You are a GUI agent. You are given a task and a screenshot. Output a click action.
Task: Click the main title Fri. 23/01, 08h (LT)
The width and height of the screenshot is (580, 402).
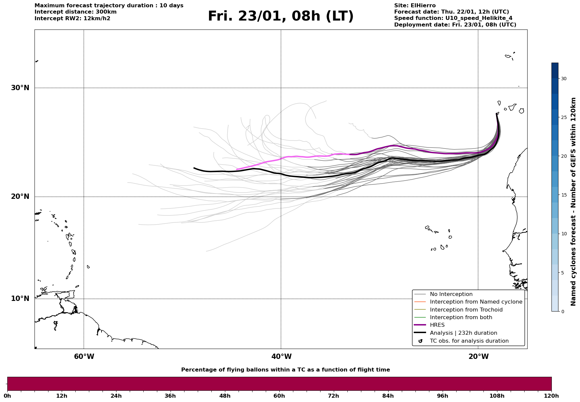[x=281, y=16]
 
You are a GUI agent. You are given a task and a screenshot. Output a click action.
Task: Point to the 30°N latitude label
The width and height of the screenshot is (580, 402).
[x=20, y=88]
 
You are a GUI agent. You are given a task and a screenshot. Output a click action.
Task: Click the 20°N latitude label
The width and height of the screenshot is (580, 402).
[x=20, y=197]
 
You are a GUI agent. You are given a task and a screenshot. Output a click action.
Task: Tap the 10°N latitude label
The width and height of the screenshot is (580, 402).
[x=20, y=299]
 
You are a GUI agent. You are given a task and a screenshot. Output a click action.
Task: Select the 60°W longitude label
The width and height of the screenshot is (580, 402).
[x=84, y=357]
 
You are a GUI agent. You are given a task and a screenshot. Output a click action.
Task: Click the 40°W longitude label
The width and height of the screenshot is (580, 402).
[x=281, y=357]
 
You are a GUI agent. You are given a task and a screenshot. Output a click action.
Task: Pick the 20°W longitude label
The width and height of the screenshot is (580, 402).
[x=478, y=357]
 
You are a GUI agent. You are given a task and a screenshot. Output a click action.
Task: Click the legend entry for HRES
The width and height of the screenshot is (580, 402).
[x=437, y=325]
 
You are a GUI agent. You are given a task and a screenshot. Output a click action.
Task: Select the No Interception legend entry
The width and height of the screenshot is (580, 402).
[x=451, y=294]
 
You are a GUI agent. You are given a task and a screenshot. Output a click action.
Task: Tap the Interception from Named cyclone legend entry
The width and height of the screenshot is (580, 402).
[x=476, y=302]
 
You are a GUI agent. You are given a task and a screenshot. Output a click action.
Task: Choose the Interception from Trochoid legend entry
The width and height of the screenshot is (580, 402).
[x=466, y=310]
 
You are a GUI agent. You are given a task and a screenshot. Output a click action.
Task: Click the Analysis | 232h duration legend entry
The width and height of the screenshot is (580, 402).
[x=463, y=333]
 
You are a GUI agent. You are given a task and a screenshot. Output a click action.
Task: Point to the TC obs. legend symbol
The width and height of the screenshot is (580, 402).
[x=420, y=341]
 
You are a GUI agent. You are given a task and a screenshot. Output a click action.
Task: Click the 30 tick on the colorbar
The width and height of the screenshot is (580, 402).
[x=564, y=79]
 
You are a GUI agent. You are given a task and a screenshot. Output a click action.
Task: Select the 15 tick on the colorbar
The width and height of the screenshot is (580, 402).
[x=564, y=195]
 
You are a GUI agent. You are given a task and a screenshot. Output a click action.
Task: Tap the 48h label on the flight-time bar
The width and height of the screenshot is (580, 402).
[x=225, y=396]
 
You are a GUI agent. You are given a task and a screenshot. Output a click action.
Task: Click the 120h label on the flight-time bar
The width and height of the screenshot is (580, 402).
[x=551, y=396]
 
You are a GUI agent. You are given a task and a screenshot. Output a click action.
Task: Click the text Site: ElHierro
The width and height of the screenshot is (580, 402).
[x=415, y=6]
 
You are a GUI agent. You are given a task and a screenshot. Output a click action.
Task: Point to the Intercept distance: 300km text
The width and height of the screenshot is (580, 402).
[x=75, y=12]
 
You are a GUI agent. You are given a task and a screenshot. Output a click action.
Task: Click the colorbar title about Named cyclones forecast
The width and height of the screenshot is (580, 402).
[x=573, y=201]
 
